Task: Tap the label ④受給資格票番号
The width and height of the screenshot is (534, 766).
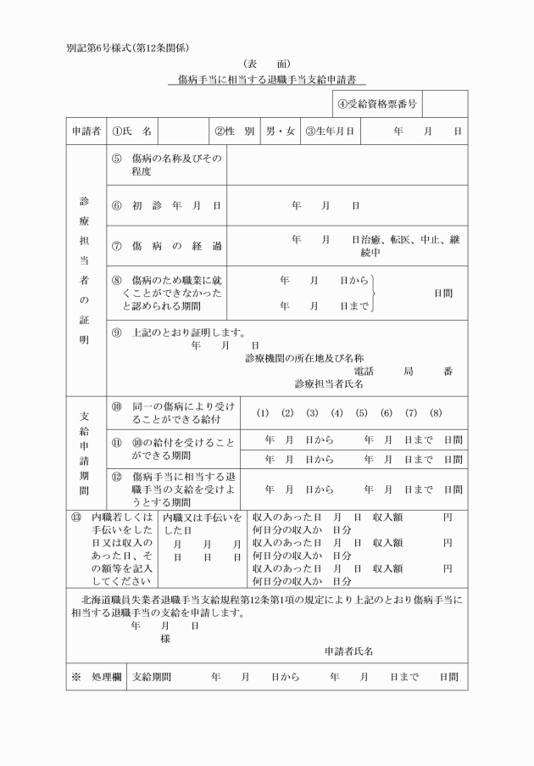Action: [x=376, y=105]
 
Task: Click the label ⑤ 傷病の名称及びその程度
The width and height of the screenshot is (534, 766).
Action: [x=166, y=165]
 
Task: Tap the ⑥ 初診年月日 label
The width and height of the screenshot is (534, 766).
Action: [x=166, y=206]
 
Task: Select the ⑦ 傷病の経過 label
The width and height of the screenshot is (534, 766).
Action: [x=166, y=246]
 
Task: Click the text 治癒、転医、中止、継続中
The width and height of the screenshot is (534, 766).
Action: [x=407, y=246]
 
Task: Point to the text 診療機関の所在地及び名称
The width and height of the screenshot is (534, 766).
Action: [x=298, y=358]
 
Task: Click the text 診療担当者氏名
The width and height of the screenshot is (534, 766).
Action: [x=329, y=383]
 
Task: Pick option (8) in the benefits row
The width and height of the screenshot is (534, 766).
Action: [x=436, y=413]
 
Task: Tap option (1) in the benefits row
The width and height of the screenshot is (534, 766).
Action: [x=263, y=413]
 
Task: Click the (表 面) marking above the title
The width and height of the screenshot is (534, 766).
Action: [x=266, y=64]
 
